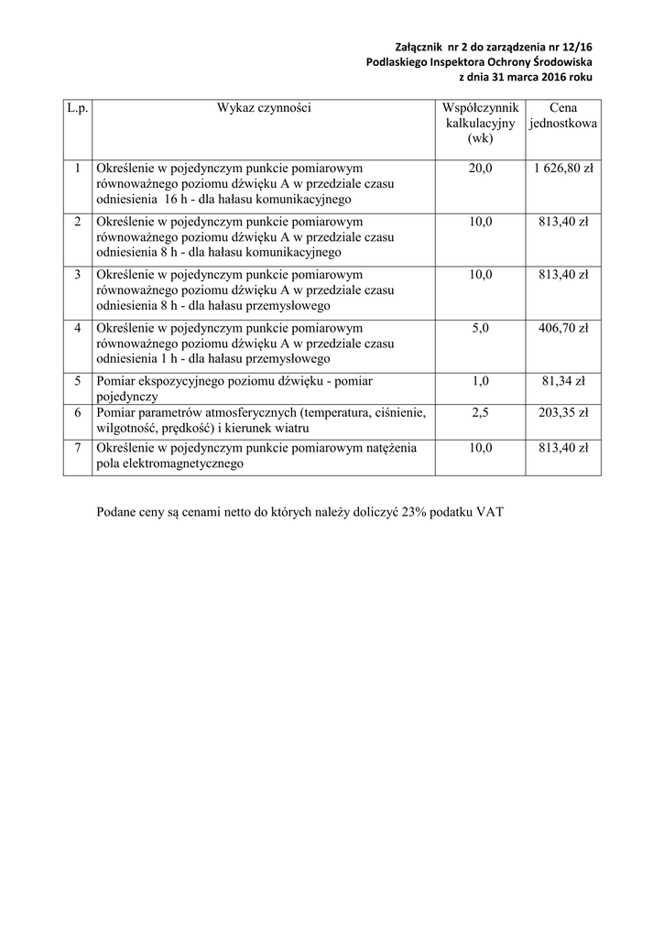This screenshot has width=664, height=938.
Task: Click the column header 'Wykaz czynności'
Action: coord(264,108)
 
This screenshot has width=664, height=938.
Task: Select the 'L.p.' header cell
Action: coord(78,108)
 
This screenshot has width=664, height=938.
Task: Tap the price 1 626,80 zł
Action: coord(562,169)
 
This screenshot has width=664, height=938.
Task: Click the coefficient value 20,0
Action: coord(480,169)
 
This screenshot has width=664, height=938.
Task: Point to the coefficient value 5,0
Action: coord(480,328)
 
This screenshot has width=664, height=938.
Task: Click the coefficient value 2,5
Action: coord(480,414)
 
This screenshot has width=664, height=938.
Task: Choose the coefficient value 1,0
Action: coord(480,381)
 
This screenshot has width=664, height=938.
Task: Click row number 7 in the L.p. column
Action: coord(78,448)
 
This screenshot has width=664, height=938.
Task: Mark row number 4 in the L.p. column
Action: coord(78,328)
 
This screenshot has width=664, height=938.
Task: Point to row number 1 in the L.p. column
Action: coord(78,169)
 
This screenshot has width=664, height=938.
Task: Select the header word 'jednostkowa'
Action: coord(563,124)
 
